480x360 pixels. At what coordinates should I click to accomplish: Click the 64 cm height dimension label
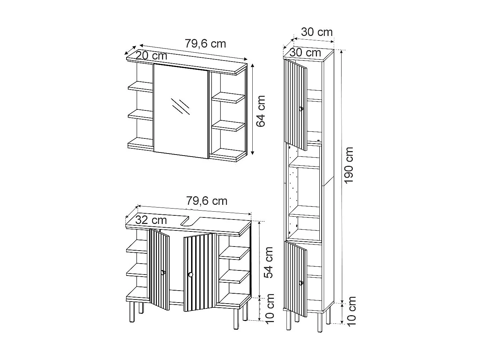(261, 111)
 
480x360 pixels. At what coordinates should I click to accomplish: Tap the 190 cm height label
(349, 165)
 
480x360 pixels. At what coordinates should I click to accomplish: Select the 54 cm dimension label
(269, 262)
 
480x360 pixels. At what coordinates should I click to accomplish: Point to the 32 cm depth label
(151, 220)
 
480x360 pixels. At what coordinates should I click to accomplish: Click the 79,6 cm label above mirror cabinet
(205, 44)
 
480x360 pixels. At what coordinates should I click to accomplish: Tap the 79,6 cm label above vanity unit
(206, 201)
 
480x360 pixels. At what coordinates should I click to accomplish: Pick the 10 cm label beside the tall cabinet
(351, 310)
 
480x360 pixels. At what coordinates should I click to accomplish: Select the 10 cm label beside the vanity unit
(270, 309)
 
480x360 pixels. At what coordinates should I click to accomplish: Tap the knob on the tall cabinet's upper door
(301, 109)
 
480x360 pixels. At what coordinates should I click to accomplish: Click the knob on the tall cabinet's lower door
(301, 283)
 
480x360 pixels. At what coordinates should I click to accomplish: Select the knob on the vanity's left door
(163, 272)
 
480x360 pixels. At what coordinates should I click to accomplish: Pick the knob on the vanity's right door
(190, 275)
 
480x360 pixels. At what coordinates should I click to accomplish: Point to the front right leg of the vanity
(236, 318)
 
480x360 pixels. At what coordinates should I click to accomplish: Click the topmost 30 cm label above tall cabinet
(317, 32)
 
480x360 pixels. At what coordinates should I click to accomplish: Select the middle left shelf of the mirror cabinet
(140, 115)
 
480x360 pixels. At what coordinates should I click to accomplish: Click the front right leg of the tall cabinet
(319, 322)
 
